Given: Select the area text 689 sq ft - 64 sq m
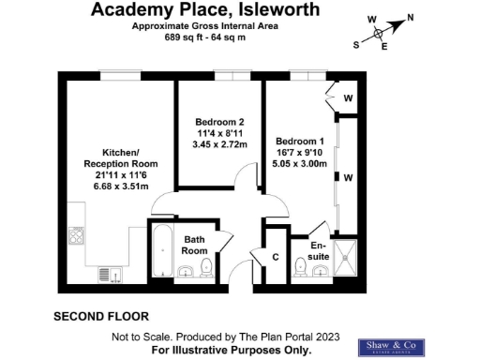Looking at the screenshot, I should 205,37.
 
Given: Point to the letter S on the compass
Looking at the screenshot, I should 355,44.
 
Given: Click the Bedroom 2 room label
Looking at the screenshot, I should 220,122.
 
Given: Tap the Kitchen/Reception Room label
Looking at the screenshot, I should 120,157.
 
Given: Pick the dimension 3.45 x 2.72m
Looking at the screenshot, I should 220,145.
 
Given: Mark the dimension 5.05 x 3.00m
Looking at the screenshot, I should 300,162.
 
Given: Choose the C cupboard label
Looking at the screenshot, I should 276,257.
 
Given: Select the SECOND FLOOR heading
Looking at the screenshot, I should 100,316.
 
